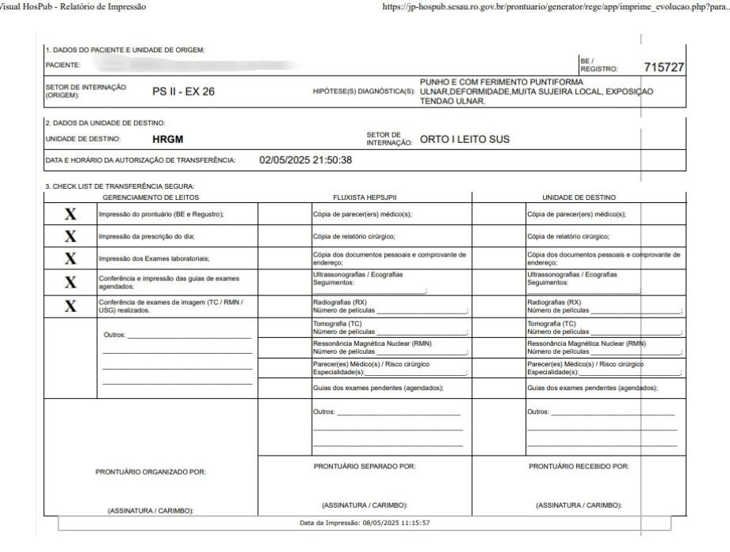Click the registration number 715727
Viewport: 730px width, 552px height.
[664, 68]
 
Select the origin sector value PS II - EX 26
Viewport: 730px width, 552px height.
[183, 92]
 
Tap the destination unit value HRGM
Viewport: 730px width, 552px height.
[167, 139]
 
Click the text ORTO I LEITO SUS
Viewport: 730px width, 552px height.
[465, 140]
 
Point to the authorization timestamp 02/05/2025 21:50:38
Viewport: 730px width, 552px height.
[305, 160]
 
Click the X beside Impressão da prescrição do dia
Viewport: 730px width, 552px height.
[70, 236]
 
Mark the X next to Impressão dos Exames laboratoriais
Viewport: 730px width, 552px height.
[70, 258]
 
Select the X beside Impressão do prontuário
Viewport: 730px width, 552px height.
[70, 214]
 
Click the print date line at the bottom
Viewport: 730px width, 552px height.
[364, 523]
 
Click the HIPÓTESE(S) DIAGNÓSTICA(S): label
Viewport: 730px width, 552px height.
[364, 92]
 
